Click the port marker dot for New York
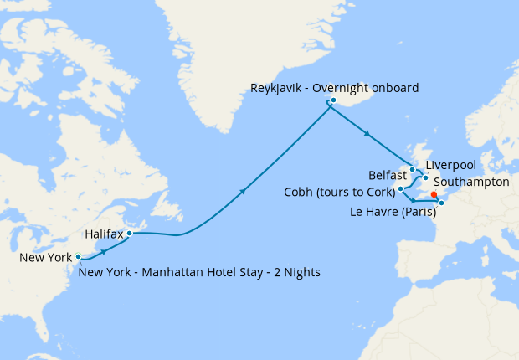point(78,257)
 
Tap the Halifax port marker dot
point(129,234)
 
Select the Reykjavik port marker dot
point(333,100)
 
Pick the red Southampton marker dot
point(434,194)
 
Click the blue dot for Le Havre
point(442,202)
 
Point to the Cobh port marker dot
point(401,189)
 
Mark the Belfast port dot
point(413,170)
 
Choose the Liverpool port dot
point(426,177)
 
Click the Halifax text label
point(105,235)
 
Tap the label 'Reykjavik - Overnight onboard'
point(335,88)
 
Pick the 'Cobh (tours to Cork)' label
point(339,193)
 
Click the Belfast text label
point(387,175)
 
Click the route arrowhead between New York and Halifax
point(104,249)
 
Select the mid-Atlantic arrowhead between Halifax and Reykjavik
point(244,192)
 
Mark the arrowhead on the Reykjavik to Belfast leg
point(367,134)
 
